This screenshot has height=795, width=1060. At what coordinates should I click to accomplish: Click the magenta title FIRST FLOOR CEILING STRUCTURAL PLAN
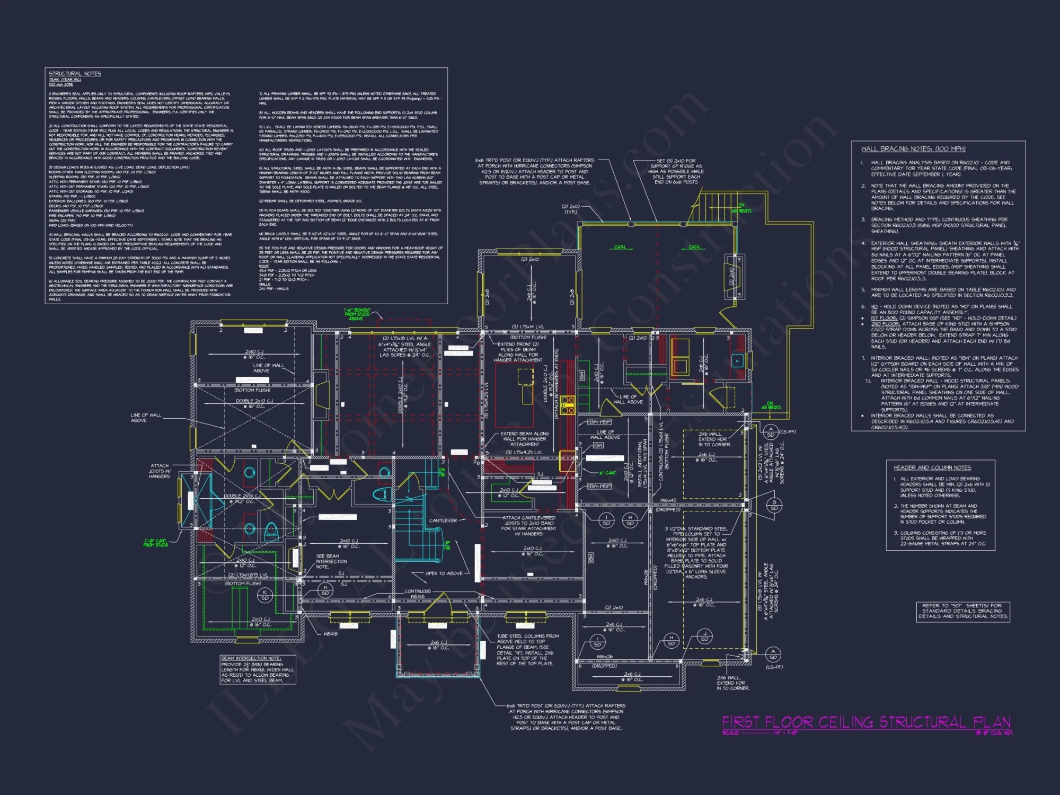866,722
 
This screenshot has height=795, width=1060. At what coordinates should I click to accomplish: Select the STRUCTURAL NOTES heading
75,74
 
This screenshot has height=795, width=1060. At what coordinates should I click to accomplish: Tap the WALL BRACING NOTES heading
913,149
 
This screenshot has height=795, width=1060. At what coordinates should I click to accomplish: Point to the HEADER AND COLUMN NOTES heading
932,467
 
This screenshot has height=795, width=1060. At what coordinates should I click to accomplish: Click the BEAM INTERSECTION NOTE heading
251,658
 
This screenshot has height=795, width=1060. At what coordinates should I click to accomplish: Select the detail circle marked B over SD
774,505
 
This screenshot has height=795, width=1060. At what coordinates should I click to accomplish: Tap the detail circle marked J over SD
704,637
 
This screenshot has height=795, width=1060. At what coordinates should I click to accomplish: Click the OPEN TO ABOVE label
444,573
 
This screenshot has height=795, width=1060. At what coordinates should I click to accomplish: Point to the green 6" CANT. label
608,473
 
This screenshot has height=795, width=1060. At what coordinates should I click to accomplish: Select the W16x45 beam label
668,500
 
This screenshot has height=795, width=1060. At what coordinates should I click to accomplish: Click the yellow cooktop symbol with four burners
568,404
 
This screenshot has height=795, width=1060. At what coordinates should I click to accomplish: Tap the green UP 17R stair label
447,545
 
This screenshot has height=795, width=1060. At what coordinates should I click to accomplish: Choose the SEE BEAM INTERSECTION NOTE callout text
331,561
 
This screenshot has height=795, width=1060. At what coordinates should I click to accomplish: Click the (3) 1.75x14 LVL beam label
530,327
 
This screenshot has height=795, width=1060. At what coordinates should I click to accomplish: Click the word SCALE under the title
730,733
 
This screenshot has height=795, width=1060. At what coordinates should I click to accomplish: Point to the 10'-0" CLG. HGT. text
994,733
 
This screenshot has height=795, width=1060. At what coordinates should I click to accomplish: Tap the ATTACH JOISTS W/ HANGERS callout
160,471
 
